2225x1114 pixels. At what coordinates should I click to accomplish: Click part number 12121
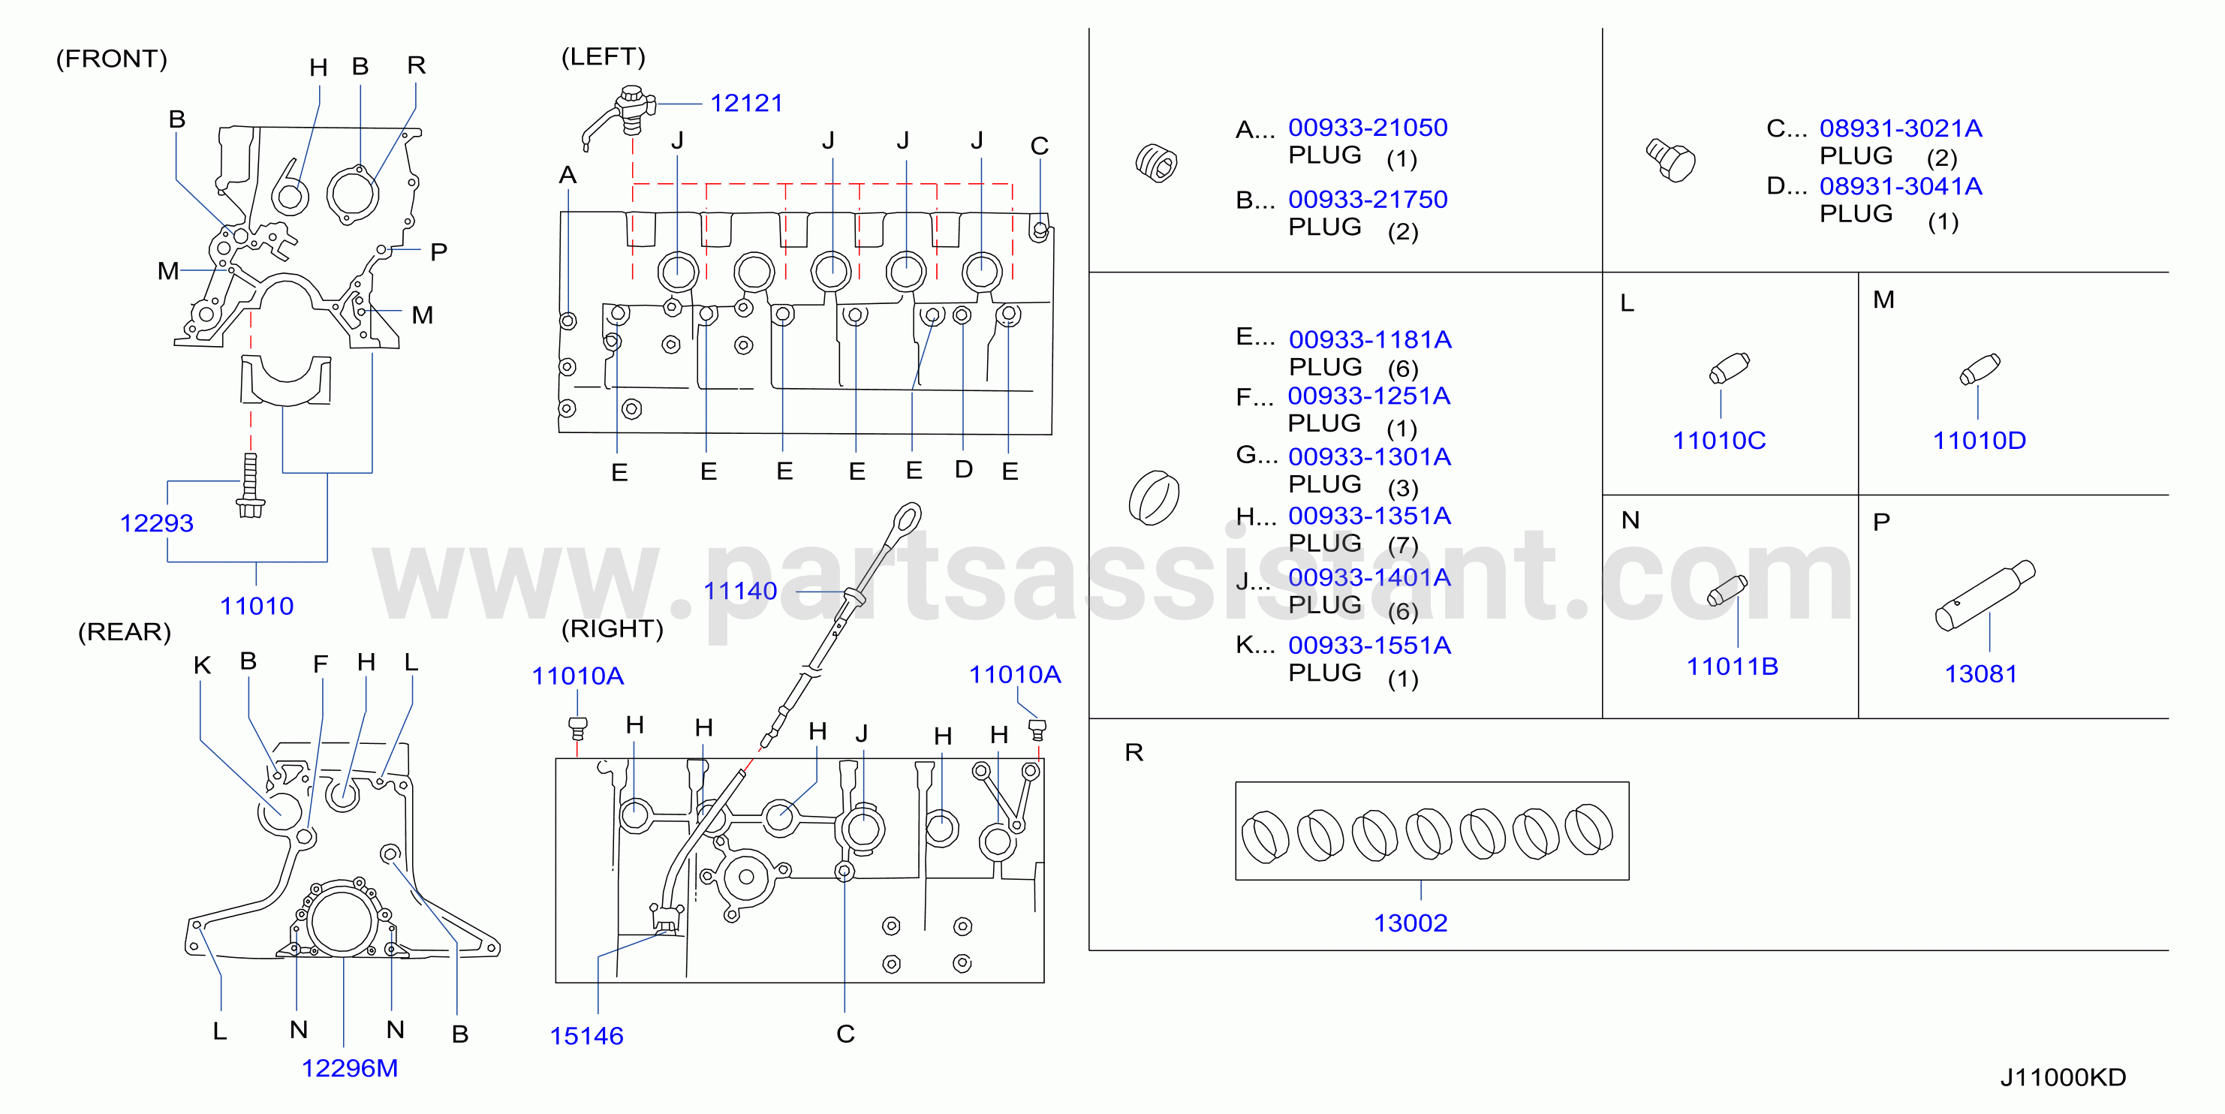(746, 104)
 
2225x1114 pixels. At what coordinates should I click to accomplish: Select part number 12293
(156, 523)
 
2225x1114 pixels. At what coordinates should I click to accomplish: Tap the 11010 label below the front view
(257, 607)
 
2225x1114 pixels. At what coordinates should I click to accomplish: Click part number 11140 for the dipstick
(740, 591)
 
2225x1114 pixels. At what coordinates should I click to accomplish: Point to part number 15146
(586, 1036)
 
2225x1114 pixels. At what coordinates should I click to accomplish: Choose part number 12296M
(350, 1068)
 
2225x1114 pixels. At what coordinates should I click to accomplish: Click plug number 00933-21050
(1368, 128)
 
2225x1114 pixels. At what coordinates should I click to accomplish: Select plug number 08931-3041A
(1901, 186)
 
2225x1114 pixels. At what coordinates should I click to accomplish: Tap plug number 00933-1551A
(1370, 645)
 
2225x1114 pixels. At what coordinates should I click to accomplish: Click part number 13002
(1411, 923)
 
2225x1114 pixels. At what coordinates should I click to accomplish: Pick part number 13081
(1980, 673)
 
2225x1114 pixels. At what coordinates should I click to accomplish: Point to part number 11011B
(1733, 667)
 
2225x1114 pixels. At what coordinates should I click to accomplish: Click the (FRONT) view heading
(111, 59)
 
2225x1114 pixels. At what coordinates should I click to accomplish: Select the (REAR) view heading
(125, 632)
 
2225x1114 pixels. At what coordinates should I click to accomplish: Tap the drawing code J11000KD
(2063, 1078)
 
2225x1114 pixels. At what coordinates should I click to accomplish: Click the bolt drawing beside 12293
(251, 486)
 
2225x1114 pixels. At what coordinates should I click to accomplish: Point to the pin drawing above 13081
(1985, 596)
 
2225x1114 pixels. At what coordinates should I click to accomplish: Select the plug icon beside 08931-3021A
(1670, 160)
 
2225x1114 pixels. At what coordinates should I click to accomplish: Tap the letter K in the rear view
(202, 665)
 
